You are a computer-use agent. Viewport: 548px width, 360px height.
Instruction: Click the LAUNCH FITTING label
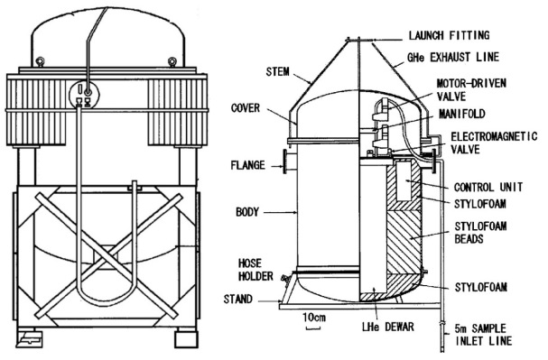click(x=449, y=35)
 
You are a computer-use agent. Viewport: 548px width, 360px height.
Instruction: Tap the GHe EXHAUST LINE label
click(x=453, y=57)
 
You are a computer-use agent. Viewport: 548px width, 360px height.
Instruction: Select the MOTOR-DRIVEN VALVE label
click(x=471, y=89)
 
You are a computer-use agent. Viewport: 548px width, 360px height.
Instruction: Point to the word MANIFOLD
click(x=462, y=114)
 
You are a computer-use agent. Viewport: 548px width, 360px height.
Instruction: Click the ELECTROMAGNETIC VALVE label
click(x=494, y=143)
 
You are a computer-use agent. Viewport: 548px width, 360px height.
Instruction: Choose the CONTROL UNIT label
click(x=488, y=187)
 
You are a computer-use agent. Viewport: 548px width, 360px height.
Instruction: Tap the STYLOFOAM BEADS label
click(x=480, y=232)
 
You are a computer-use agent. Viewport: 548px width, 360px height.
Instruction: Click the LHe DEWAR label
click(x=388, y=327)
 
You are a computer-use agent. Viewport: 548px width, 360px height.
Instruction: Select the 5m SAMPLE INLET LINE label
click(x=483, y=335)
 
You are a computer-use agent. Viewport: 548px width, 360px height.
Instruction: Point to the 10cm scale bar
click(x=313, y=328)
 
